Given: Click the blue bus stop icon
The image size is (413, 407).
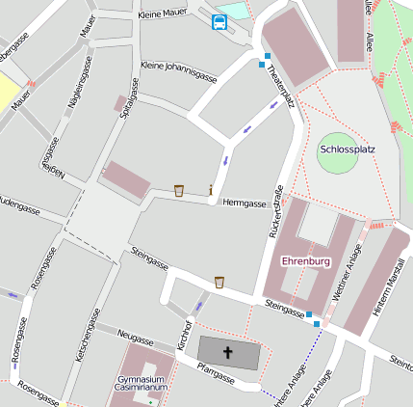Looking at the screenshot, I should pyautogui.click(x=219, y=22).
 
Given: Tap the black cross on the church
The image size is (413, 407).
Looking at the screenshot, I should pyautogui.click(x=228, y=353).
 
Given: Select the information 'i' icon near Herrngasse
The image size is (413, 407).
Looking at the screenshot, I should pyautogui.click(x=211, y=190).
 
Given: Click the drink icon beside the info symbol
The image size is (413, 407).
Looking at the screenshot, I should pyautogui.click(x=179, y=191).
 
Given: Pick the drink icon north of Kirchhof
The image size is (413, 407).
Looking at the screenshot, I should pyautogui.click(x=219, y=282).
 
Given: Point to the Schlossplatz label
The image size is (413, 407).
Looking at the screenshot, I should pyautogui.click(x=347, y=149).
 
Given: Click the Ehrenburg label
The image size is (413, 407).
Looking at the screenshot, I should pyautogui.click(x=305, y=261).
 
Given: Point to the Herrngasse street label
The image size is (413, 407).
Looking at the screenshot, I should pyautogui.click(x=244, y=203).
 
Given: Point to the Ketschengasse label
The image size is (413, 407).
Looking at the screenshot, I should pyautogui.click(x=90, y=337).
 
